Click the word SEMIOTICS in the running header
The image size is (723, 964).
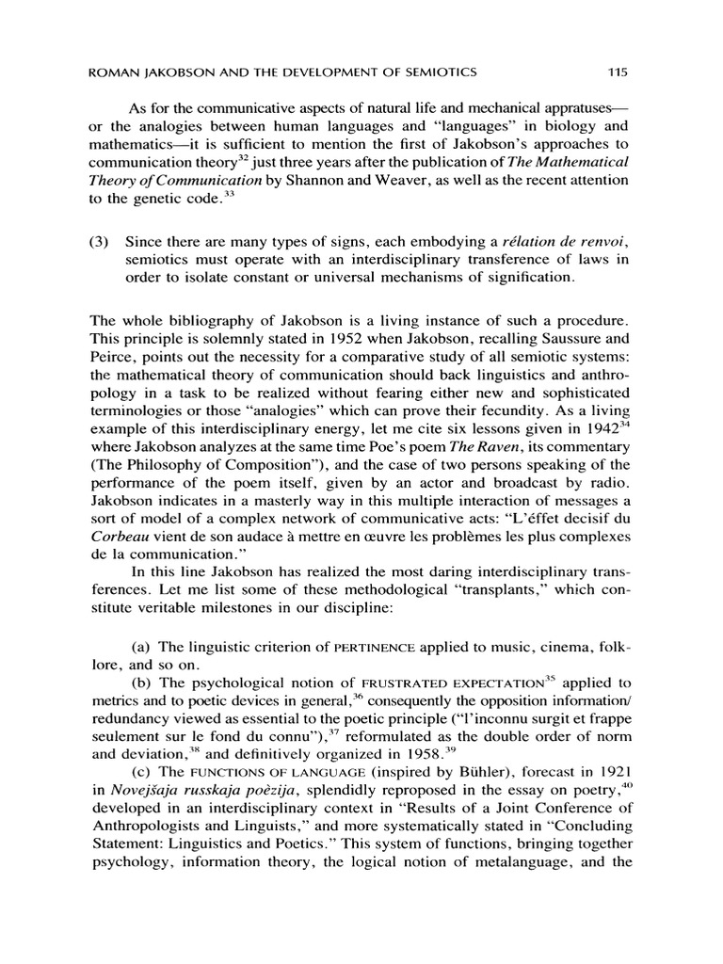tap(441, 71)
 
